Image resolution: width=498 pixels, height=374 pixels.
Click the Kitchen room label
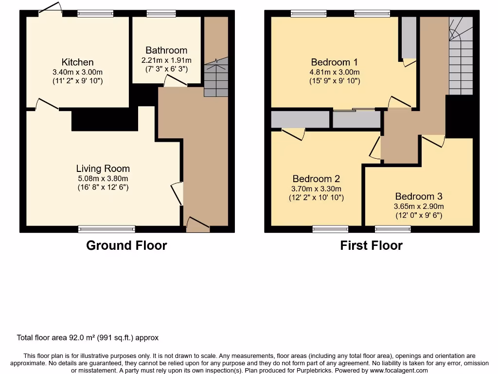pyautogui.click(x=77, y=62)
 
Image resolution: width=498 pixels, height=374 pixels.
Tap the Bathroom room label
pyautogui.click(x=166, y=51)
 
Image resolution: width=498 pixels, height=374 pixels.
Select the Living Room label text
pyautogui.click(x=103, y=168)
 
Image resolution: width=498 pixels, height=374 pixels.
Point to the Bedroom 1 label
pyautogui.click(x=335, y=62)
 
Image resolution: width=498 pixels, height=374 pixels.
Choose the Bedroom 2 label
pyautogui.click(x=316, y=179)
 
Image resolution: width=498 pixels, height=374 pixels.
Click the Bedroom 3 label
pyautogui.click(x=419, y=197)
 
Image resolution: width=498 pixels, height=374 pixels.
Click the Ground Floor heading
pyautogui.click(x=126, y=245)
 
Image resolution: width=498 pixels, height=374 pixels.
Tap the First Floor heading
pyautogui.click(x=371, y=245)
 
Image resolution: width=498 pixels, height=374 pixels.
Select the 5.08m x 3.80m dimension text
pyautogui.click(x=103, y=178)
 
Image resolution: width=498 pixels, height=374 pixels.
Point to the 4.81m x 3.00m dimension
pyautogui.click(x=335, y=72)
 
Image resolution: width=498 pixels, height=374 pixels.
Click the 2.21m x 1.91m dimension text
pyautogui.click(x=166, y=60)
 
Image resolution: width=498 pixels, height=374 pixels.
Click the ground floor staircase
pyautogui.click(x=215, y=78)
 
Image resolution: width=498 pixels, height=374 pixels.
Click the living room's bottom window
pyautogui.click(x=107, y=228)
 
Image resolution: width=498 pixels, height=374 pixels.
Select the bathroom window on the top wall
pyautogui.click(x=154, y=14)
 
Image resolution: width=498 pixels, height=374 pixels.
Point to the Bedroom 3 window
pyautogui.click(x=393, y=228)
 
